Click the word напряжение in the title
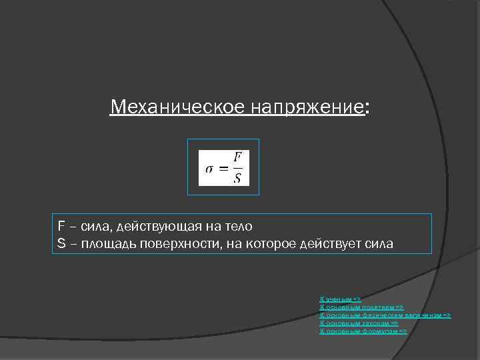point(307,107)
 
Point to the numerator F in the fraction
point(237,157)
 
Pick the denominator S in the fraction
point(237,177)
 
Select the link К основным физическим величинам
point(385,315)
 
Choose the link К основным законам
point(359,323)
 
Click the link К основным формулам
point(363,331)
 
